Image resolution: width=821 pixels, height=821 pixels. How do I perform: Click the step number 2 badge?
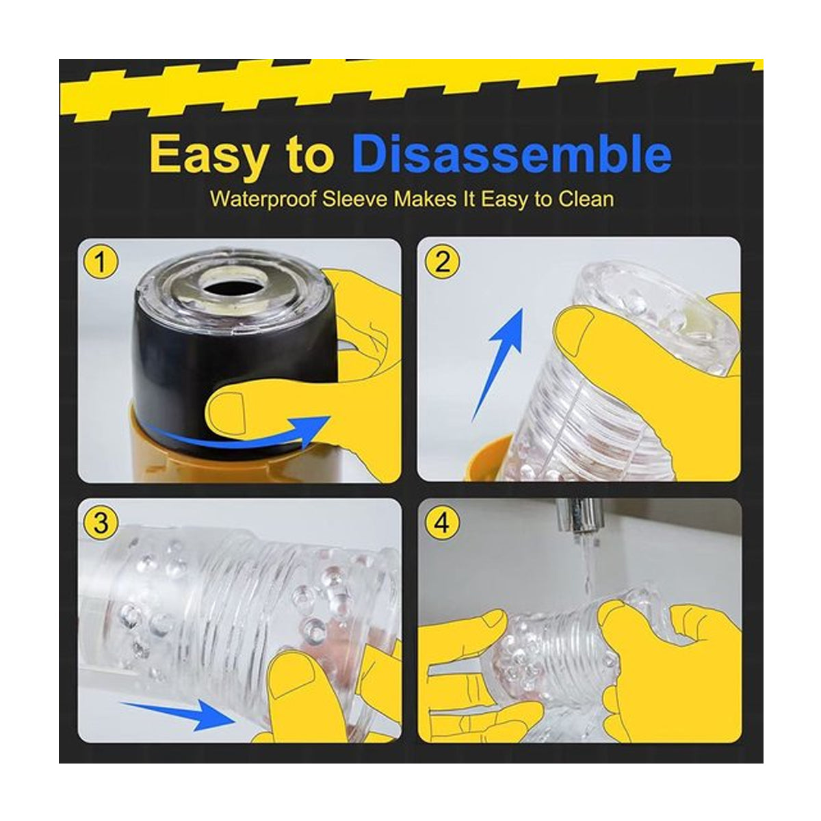[442, 261]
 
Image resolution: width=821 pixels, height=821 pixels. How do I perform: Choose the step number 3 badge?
[101, 522]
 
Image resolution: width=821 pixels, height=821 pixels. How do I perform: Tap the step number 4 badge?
[442, 522]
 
